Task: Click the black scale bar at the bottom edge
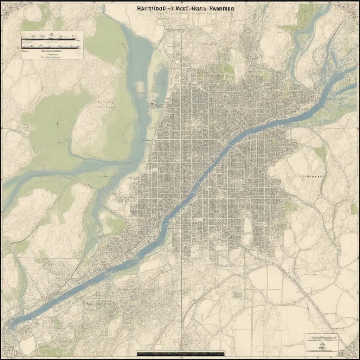click(x=180, y=353)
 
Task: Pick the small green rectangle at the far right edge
click(x=353, y=209)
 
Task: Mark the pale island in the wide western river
click(x=140, y=86)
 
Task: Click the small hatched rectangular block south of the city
click(x=238, y=295)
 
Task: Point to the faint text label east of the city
click(x=313, y=176)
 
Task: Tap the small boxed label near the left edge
click(x=26, y=125)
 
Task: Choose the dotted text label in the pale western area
click(x=104, y=103)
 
